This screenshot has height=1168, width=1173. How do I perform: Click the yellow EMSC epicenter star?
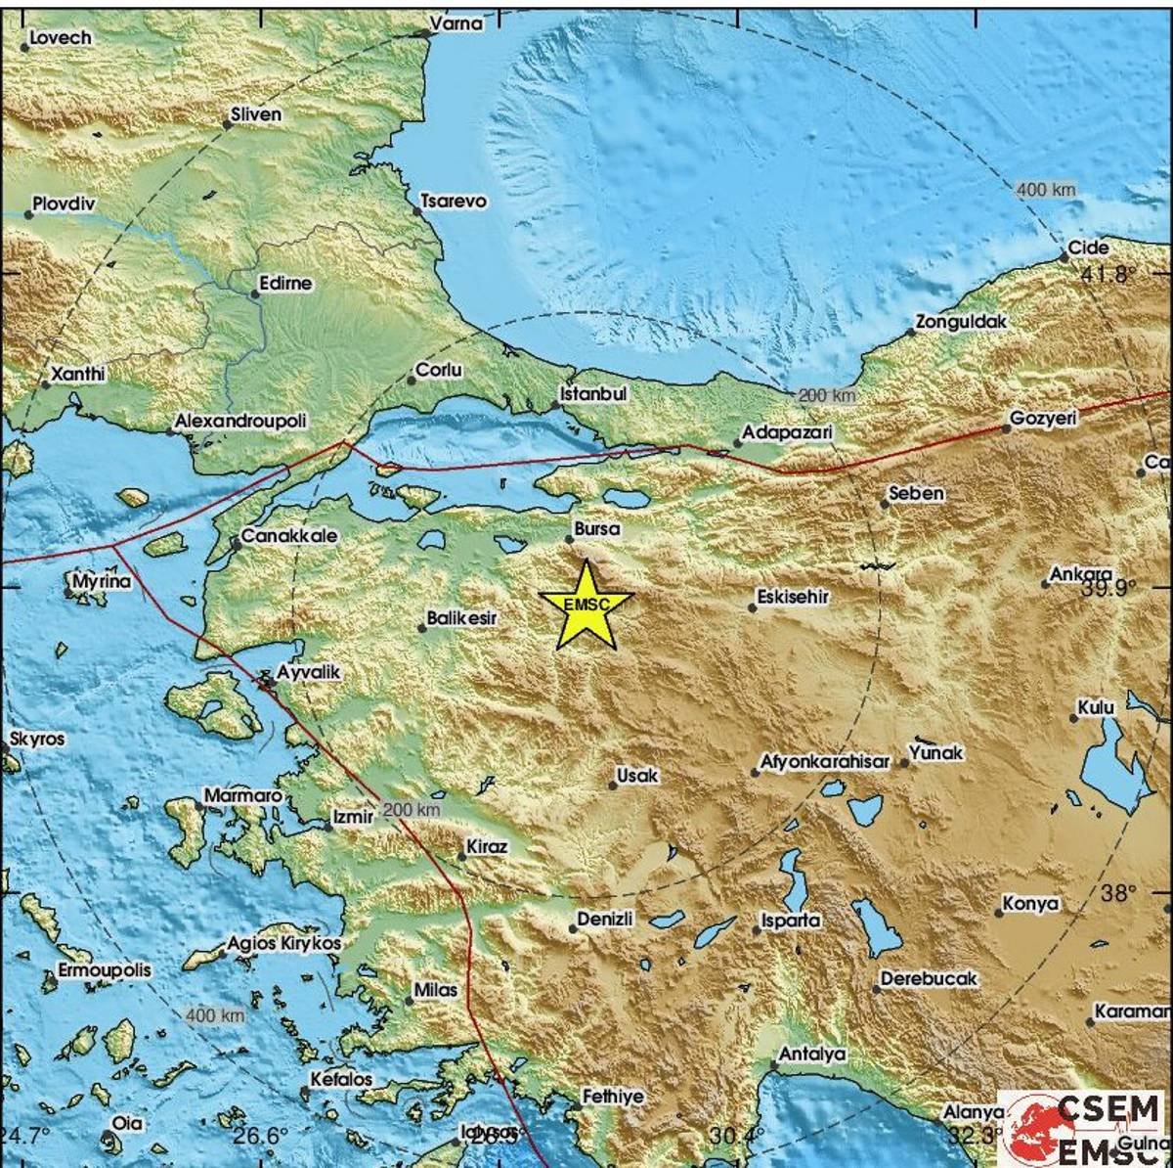coord(586,606)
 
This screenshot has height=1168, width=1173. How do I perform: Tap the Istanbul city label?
coord(592,394)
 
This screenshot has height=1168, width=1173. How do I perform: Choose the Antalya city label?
coord(811,1054)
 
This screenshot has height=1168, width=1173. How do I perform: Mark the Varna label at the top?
coord(457,23)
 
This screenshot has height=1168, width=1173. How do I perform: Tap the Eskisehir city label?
coord(793,596)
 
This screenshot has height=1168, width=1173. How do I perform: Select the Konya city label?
coord(1032,904)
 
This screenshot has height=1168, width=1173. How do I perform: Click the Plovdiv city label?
coord(62,204)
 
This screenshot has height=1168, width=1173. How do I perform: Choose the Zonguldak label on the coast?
coord(961,322)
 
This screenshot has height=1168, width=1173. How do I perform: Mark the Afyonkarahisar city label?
coord(826,762)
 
